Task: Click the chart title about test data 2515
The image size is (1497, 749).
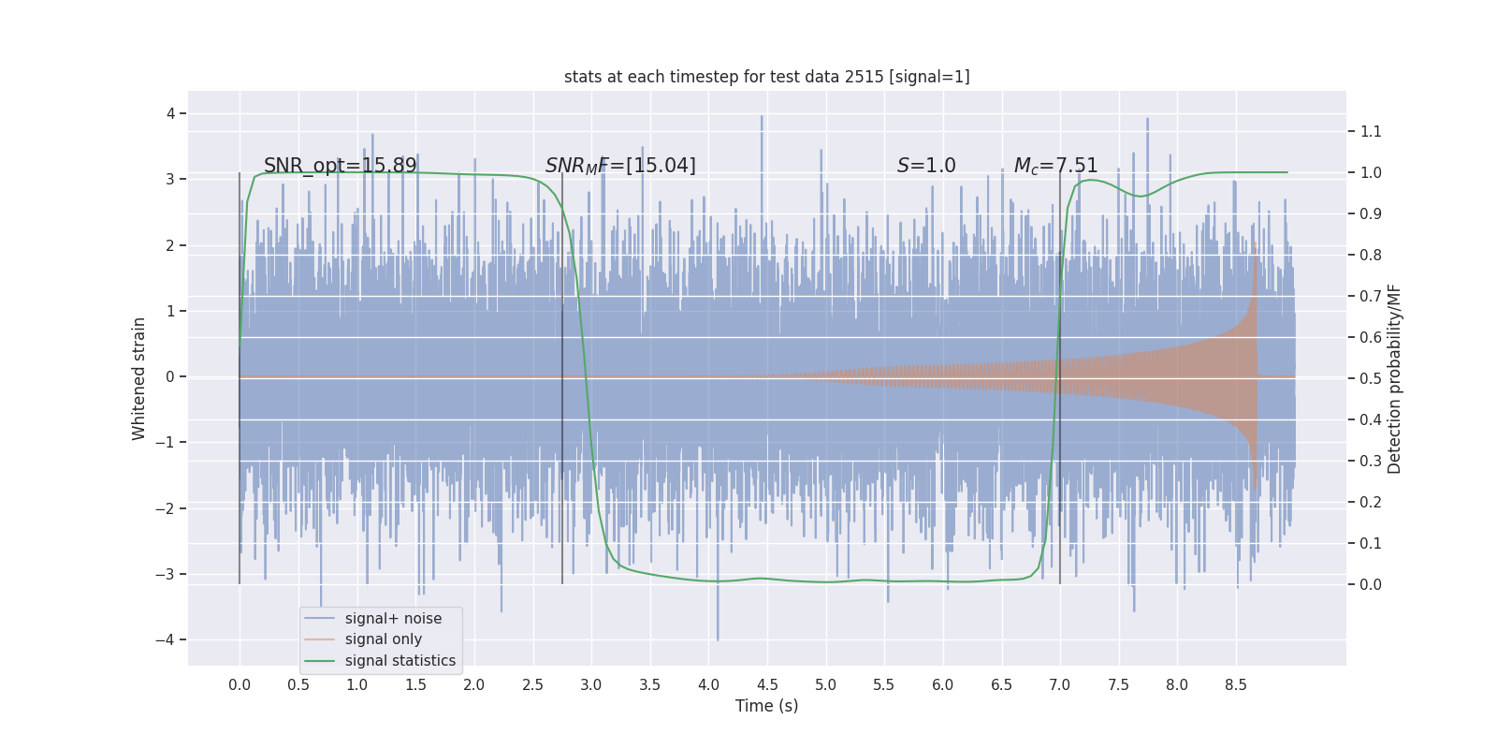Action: coord(766,77)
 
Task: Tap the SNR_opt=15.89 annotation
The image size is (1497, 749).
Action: coord(340,166)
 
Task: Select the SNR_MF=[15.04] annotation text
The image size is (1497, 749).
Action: coord(620,166)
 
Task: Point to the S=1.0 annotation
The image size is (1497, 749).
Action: coord(926,166)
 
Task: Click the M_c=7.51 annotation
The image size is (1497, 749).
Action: coord(1055,166)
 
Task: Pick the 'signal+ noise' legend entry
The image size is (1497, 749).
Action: coord(393,619)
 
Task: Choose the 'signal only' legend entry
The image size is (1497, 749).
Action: coord(383,639)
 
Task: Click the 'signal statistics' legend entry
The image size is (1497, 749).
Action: coord(400,661)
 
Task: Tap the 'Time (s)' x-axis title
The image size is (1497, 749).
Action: coord(766,706)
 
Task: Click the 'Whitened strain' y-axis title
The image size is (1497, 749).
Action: coord(139,378)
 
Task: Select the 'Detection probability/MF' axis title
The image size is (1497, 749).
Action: coord(1394,378)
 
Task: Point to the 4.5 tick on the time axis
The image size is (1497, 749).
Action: coord(767,684)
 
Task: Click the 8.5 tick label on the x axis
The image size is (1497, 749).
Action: coord(1235,684)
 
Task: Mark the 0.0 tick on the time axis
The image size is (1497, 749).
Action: coord(240,684)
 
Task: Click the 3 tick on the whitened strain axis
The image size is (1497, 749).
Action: coord(170,179)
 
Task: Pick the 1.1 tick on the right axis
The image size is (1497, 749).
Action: coord(1371,131)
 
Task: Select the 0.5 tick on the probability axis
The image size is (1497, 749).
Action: coord(1371,378)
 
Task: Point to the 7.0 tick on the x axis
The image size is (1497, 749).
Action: coord(1059,684)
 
